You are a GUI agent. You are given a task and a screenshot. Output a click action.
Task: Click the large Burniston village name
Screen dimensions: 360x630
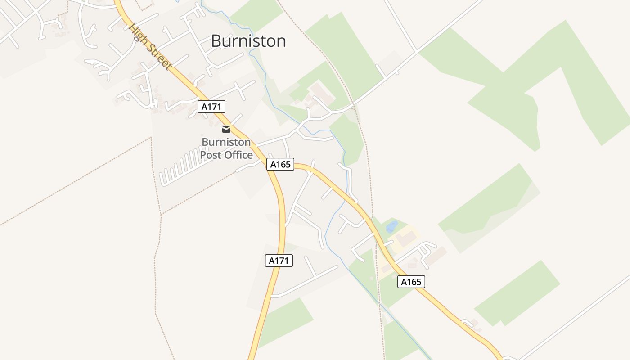click(248, 41)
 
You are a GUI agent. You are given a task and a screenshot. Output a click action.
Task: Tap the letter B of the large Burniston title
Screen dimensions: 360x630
click(216, 41)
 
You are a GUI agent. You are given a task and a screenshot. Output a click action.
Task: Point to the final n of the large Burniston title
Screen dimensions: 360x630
click(281, 42)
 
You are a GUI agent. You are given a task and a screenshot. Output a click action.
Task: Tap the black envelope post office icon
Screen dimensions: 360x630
click(226, 129)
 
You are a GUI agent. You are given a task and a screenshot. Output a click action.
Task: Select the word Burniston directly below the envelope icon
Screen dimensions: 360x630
click(226, 142)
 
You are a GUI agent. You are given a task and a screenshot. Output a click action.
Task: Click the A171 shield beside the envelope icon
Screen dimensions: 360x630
click(211, 107)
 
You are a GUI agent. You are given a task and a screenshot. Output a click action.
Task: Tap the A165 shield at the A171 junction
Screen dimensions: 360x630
click(280, 164)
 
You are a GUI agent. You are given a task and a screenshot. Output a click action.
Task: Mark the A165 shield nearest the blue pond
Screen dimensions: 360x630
click(411, 282)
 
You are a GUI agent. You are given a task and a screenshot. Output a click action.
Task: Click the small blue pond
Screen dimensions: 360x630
click(392, 226)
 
